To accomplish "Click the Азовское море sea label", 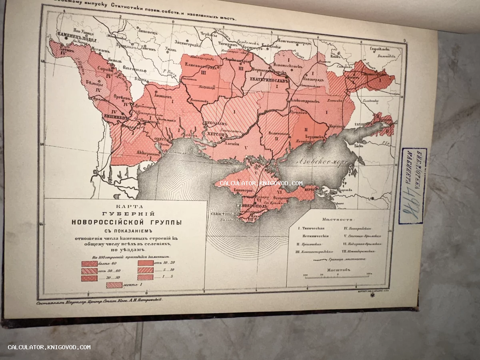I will (x=320, y=162).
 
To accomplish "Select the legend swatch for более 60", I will (x=89, y=264).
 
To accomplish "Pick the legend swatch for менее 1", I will (x=114, y=285).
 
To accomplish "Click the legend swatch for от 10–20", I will (x=146, y=263).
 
